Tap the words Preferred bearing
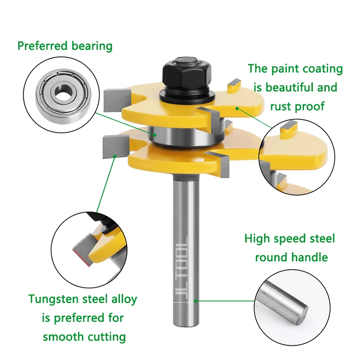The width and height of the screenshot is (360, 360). tap(65, 46)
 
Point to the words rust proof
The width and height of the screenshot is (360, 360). tap(295, 106)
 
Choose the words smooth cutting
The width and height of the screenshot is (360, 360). tap(84, 337)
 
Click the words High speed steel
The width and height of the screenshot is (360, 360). tap(289, 238)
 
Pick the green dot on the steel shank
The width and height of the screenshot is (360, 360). tap(196, 300)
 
